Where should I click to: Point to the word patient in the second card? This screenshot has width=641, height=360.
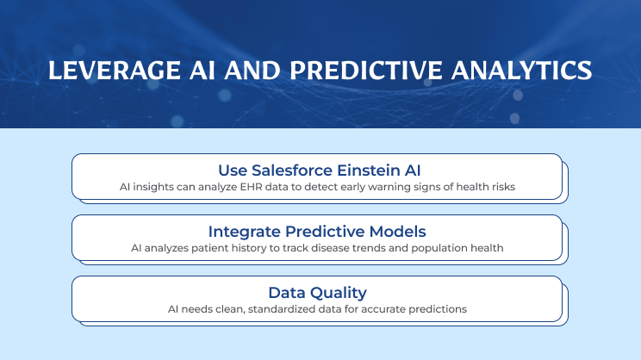pos(198,248)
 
